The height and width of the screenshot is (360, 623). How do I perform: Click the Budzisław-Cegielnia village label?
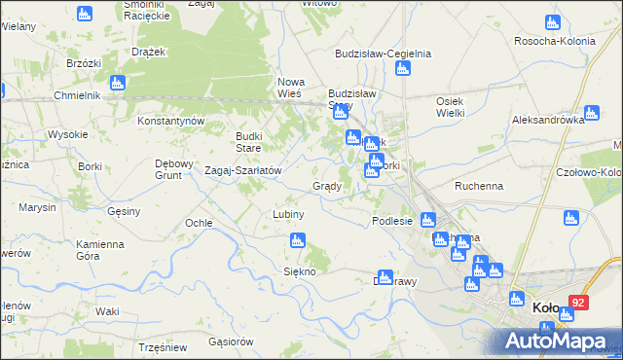click(x=383, y=54)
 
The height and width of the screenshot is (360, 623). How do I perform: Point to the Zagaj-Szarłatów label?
click(x=242, y=170)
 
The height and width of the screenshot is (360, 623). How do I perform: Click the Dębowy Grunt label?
click(x=176, y=169)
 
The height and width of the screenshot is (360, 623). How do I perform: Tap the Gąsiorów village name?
click(x=231, y=342)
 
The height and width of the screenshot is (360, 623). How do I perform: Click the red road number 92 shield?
click(x=579, y=303)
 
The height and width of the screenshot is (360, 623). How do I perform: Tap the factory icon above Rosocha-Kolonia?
click(x=552, y=22)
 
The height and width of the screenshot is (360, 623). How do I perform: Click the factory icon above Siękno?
click(x=297, y=240)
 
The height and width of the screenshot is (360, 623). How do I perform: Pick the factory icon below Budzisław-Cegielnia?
click(x=402, y=68)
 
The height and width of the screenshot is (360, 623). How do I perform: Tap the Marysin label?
click(x=36, y=207)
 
